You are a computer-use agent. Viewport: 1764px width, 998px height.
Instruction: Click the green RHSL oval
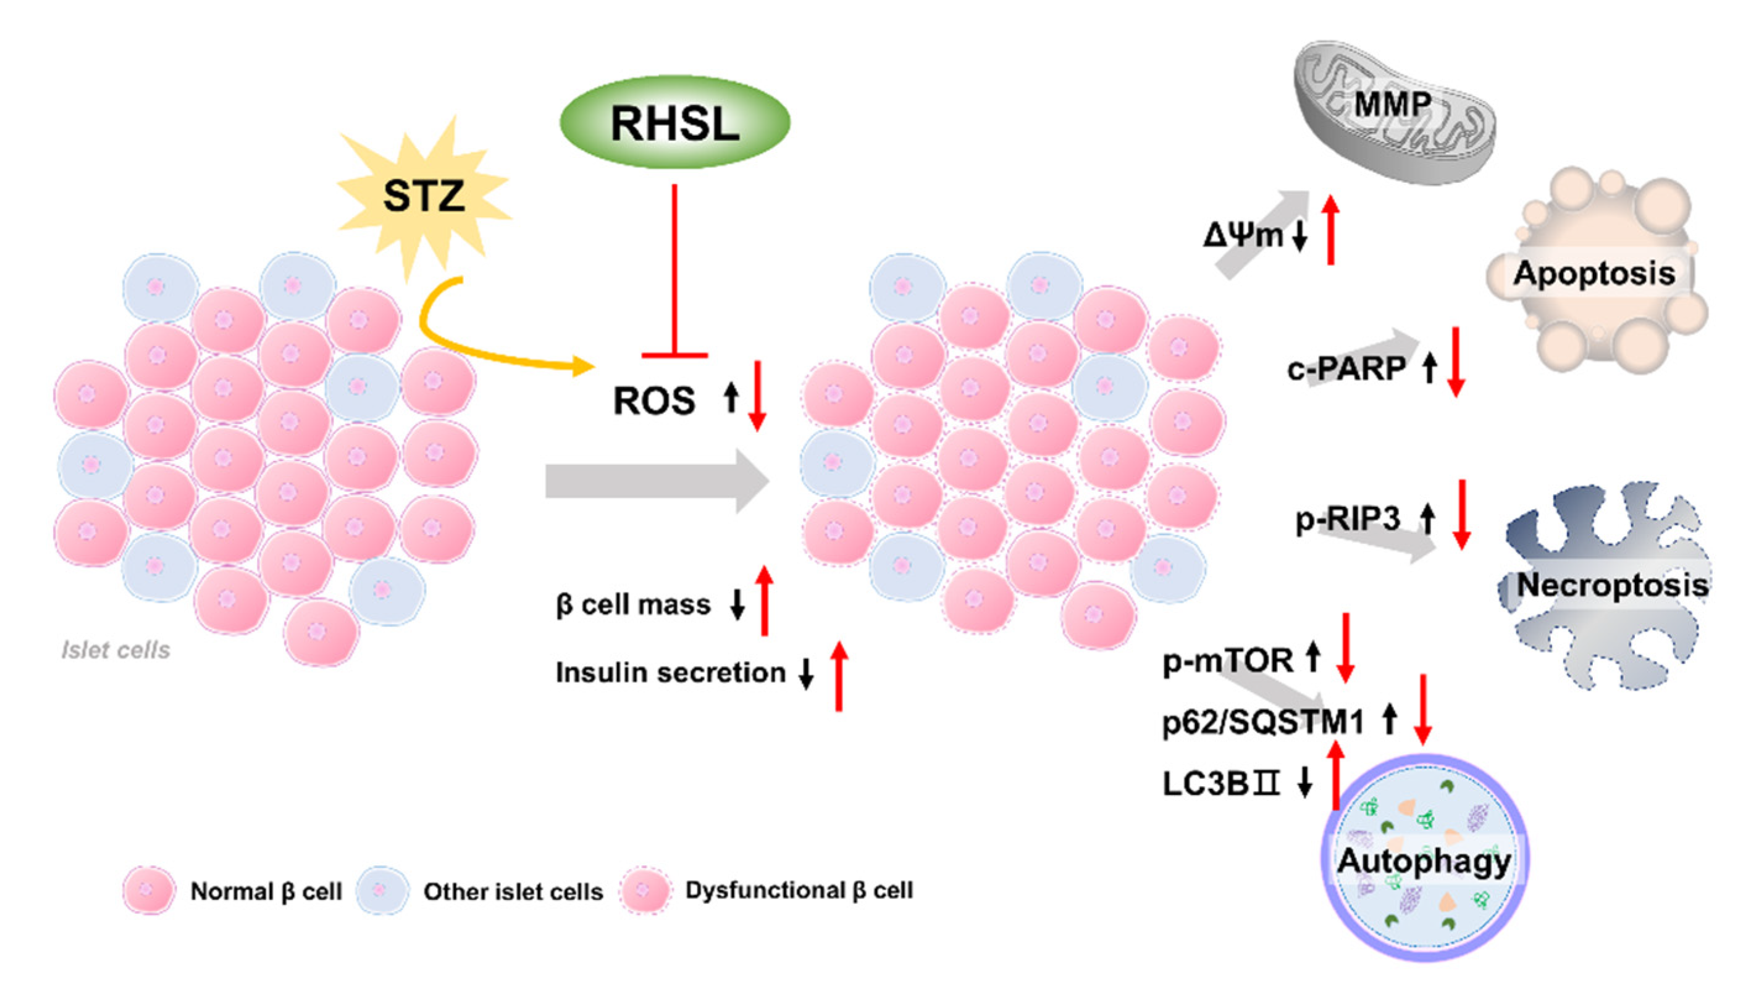[x=675, y=122]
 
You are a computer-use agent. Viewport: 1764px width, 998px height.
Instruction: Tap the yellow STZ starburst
[x=423, y=196]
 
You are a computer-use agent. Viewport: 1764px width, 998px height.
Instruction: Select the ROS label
[x=653, y=401]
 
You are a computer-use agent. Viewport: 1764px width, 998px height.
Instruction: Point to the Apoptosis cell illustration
[x=1595, y=273]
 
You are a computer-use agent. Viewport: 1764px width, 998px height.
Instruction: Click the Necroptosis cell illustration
[x=1608, y=584]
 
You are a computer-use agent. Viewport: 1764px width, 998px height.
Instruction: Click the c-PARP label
[x=1346, y=368]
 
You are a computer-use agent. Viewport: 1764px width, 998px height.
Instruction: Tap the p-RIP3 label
[x=1347, y=519]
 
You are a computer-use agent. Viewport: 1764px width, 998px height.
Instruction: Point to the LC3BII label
[x=1221, y=783]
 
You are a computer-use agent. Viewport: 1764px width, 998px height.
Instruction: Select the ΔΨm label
[x=1243, y=236]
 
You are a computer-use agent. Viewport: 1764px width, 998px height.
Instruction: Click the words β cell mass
[x=633, y=605]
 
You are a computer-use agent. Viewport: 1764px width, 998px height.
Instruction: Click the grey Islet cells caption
[x=116, y=650]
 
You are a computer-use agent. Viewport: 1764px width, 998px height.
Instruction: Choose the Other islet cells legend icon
[x=383, y=891]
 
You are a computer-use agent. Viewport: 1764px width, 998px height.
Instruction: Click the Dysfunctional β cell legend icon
[x=644, y=891]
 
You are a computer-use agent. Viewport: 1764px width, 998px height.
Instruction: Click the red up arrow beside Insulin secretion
[x=839, y=675]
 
